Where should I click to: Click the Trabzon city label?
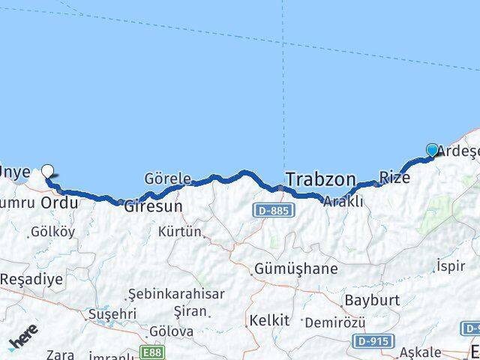[x=320, y=180]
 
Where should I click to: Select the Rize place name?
[x=394, y=178]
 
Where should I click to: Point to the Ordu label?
[x=59, y=203]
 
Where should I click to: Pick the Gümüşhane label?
[x=295, y=268]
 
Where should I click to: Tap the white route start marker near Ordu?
[x=48, y=171]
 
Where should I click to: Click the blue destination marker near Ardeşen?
[x=432, y=150]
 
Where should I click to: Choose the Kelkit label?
[x=268, y=321]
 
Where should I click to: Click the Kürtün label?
[x=180, y=232]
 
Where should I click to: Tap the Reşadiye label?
[x=31, y=279]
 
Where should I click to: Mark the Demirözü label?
[x=334, y=322]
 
